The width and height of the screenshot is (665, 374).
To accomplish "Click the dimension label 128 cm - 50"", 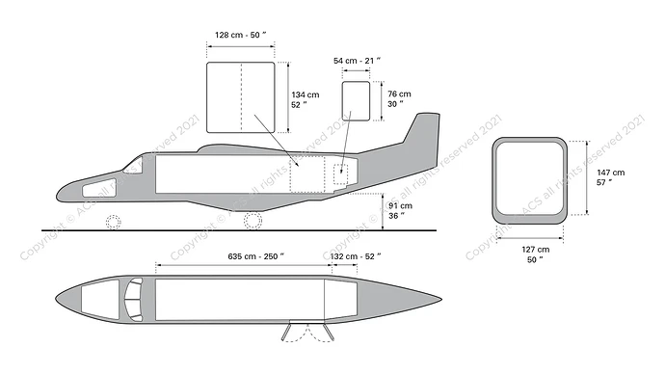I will pyautogui.click(x=241, y=35).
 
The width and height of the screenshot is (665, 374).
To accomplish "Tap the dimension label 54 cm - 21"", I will pyautogui.click(x=357, y=60).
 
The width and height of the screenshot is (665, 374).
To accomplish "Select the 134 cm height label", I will pyautogui.click(x=306, y=99).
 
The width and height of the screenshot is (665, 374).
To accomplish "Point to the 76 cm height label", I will pyautogui.click(x=398, y=99).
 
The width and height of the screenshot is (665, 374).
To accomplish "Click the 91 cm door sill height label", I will pyautogui.click(x=398, y=210).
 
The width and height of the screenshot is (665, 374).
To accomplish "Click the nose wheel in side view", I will pyautogui.click(x=114, y=222).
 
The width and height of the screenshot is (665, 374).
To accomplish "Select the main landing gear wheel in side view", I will pyautogui.click(x=253, y=221).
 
